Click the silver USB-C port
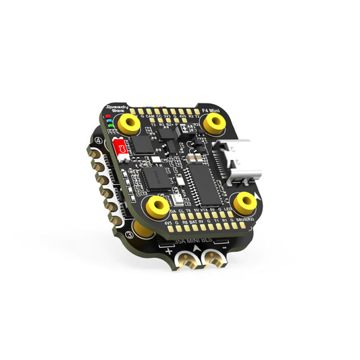(x=233, y=163)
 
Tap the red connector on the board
(x=122, y=147)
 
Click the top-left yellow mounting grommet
(x=127, y=122)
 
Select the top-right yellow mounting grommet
(x=214, y=122)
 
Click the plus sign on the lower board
(x=167, y=251)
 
